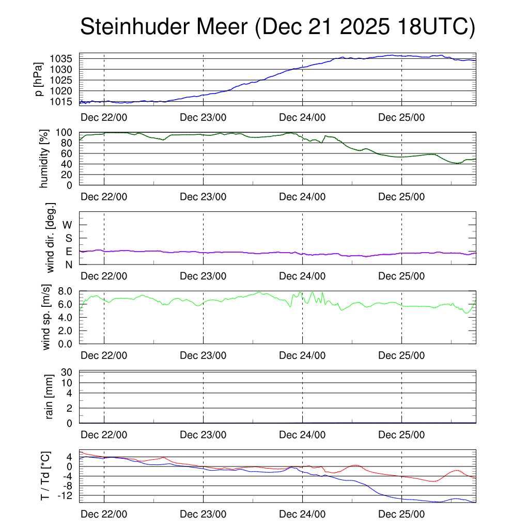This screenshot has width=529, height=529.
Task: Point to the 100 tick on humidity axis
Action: click(67, 132)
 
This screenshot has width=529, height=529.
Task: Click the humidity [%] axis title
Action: click(44, 159)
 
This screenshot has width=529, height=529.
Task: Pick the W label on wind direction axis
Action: click(67, 225)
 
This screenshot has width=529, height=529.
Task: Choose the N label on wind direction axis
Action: click(69, 264)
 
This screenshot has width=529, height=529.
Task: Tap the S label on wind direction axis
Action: click(69, 238)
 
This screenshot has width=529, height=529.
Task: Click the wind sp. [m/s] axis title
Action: click(46, 317)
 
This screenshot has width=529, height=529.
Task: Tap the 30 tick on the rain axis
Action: click(67, 372)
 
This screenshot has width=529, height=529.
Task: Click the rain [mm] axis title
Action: click(50, 397)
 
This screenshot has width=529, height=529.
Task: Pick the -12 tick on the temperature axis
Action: click(64, 495)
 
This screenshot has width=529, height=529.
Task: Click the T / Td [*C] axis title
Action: click(45, 476)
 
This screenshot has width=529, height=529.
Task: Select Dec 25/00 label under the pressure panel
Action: click(401, 117)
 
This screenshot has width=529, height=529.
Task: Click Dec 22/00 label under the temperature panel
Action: click(104, 514)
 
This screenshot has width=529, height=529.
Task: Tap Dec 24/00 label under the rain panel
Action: click(302, 435)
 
